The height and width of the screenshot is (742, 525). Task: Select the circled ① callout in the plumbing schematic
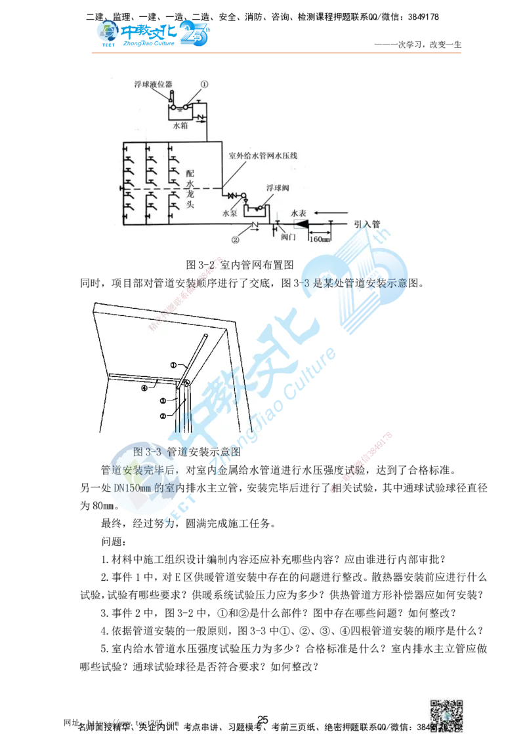click(x=204, y=84)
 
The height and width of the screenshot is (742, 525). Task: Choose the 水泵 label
click(x=229, y=212)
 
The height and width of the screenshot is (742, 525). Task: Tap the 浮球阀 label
click(x=278, y=187)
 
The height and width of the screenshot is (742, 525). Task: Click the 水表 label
click(x=299, y=213)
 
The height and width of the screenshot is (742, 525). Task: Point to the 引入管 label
click(x=367, y=224)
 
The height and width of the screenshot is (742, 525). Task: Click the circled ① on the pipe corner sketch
click(x=174, y=364)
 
